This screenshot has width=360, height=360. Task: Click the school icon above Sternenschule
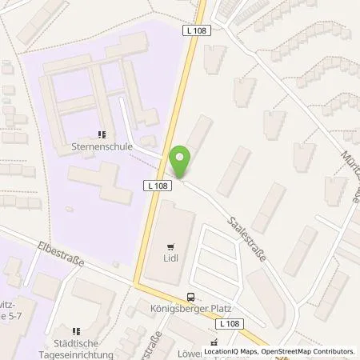[102, 135]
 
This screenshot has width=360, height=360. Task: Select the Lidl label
[170, 258]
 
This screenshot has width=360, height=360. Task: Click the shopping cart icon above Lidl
[170, 246]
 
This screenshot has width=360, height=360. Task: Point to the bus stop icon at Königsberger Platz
[190, 294]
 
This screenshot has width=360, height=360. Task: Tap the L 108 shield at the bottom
[231, 323]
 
